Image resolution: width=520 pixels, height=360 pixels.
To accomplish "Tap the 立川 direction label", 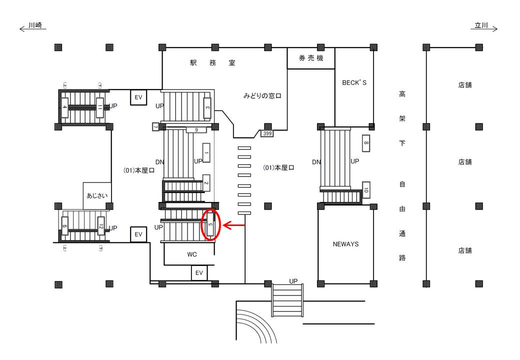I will tap(481, 24).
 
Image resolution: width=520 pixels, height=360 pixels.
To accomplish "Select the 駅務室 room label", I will tap(212, 63).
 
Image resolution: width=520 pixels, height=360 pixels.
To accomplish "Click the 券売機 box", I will tap(310, 58).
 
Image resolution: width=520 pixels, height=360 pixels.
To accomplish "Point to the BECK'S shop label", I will tap(354, 83).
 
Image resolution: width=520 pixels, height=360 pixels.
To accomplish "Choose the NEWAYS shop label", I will tap(345, 244).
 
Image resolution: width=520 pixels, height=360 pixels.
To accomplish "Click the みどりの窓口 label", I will tap(262, 95).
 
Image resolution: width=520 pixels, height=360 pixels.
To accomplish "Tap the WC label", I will tap(192, 254).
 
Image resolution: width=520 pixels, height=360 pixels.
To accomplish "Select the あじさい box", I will tap(97, 196).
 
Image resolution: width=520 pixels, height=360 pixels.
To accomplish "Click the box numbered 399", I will tap(267, 133).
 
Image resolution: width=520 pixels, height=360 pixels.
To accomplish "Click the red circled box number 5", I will tap(210, 225).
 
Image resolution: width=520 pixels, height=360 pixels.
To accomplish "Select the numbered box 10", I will tap(365, 190).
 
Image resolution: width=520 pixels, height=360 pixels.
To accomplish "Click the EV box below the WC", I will tap(199, 273).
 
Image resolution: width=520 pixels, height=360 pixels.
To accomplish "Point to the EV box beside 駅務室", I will tap(138, 97).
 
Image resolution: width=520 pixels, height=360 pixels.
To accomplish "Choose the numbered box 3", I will tap(207, 106).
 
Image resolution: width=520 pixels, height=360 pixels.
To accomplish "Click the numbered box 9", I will tap(196, 130).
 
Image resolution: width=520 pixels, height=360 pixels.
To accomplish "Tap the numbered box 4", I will tap(64, 107).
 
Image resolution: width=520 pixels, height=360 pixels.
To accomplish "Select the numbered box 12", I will tap(100, 226).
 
